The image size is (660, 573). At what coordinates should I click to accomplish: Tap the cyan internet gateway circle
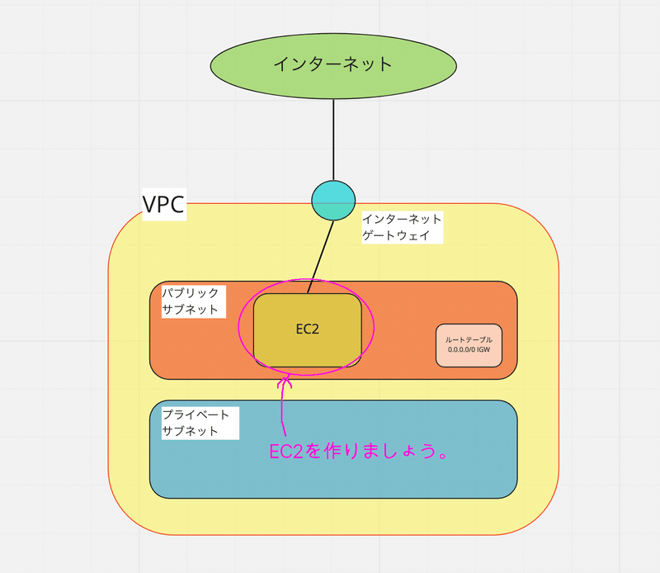point(333,200)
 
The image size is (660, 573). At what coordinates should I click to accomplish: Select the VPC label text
point(164,204)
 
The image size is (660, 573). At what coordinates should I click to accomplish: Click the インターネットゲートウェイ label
point(402,227)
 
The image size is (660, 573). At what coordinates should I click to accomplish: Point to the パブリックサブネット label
point(191,301)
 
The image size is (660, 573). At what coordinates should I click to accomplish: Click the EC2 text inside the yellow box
point(307,329)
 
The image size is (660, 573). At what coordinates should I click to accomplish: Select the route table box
point(469,345)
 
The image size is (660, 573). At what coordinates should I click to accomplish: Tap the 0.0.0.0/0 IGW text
point(469,350)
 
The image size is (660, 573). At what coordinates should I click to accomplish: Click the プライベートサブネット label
point(196,422)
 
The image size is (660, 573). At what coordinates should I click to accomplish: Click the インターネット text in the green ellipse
point(333,64)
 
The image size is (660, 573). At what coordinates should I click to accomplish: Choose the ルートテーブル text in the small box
point(469,339)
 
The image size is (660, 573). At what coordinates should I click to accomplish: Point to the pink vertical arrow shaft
point(284,409)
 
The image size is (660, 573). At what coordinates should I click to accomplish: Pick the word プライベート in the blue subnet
point(196,414)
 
